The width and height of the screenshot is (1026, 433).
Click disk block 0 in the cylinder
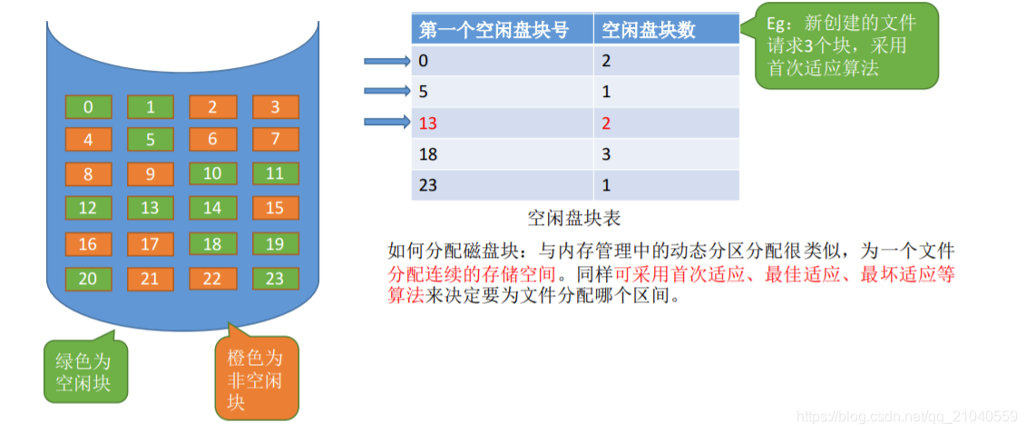coord(88,107)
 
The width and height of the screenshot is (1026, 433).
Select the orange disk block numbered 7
coord(275,140)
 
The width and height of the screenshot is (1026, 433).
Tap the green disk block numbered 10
coord(212,173)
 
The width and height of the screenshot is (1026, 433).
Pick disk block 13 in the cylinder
coord(150,208)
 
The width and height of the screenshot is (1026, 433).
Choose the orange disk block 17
coord(150,244)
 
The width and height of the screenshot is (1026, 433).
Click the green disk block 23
coord(275,279)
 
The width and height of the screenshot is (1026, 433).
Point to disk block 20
coord(88,279)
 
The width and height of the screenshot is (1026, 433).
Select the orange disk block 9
coord(150,173)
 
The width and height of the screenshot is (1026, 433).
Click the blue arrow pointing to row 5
coord(386,91)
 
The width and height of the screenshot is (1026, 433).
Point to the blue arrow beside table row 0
coord(386,62)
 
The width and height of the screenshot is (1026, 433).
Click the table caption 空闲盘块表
coord(574,218)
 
